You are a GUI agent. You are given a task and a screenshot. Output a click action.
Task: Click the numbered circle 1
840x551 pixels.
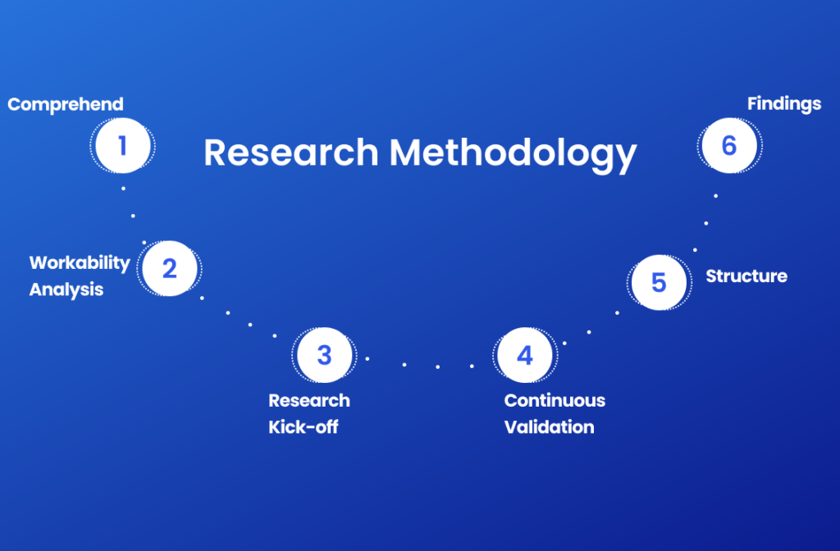[x=123, y=146]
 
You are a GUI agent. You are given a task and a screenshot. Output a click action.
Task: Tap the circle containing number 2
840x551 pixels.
[x=169, y=268]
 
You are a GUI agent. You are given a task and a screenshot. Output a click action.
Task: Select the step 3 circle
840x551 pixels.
[x=324, y=355]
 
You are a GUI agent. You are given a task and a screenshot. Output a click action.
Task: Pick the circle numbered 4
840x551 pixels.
[x=525, y=355]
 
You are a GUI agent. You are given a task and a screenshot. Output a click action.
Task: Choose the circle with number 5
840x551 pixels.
[x=659, y=282]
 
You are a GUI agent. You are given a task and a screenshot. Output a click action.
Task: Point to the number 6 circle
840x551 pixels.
[x=729, y=146]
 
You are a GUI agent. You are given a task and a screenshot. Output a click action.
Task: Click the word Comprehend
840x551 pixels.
[x=66, y=104]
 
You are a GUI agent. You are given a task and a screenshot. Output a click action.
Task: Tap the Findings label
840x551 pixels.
[x=784, y=104]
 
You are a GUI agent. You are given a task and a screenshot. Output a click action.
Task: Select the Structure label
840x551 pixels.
[x=746, y=276]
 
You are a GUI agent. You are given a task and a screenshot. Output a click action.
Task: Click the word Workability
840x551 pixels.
[x=80, y=263]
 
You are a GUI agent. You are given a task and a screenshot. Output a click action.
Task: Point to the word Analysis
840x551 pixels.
[x=66, y=289]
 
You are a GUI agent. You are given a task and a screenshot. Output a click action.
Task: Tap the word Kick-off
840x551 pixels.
[x=304, y=426]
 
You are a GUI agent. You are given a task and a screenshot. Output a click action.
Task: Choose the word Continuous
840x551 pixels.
[x=555, y=400]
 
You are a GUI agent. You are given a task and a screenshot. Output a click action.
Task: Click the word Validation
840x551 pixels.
[x=549, y=426]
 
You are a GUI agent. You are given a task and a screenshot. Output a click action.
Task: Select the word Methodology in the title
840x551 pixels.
[x=513, y=153]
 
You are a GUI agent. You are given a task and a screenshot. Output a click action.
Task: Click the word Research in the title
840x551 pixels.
[x=291, y=153]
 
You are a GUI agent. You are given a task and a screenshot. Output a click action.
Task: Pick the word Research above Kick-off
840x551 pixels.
[x=309, y=400]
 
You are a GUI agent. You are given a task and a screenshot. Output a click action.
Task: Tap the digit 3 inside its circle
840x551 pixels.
[x=324, y=355]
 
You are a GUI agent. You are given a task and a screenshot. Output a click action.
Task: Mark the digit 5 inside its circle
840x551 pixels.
[x=659, y=282]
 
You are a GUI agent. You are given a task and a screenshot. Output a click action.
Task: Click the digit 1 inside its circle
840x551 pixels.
[x=123, y=146]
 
